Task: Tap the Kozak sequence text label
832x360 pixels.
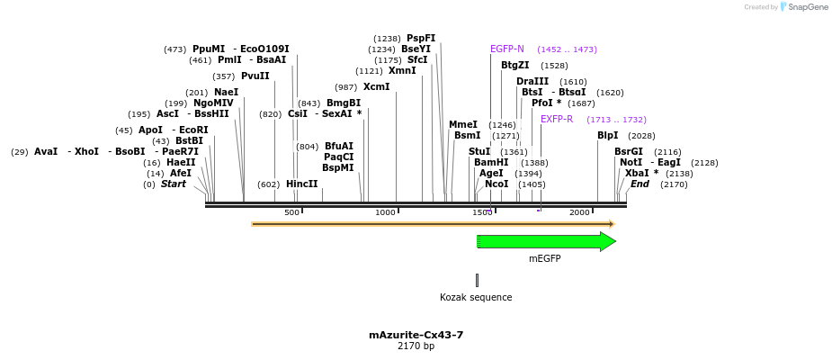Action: [476, 297]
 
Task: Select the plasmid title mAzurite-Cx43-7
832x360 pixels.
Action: [416, 335]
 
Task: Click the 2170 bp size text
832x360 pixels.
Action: [416, 346]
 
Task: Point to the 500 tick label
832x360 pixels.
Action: [291, 212]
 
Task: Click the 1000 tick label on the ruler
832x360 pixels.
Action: [385, 212]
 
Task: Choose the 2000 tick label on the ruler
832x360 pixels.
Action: [578, 212]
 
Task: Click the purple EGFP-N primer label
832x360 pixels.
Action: [507, 49]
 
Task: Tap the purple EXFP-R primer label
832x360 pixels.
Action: [556, 119]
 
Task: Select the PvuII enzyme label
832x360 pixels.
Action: [255, 76]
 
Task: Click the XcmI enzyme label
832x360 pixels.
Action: [376, 87]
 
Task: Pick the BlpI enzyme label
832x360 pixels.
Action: [608, 136]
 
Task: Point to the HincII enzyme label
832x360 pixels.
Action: [301, 184]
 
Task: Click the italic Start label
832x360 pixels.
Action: [173, 184]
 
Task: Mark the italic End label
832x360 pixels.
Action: [640, 184]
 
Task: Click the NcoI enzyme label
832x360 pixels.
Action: [497, 184]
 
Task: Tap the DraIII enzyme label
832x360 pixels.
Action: [532, 82]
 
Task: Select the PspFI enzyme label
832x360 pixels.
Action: [421, 38]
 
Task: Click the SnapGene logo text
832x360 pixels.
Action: [806, 7]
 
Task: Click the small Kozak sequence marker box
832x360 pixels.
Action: [477, 280]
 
